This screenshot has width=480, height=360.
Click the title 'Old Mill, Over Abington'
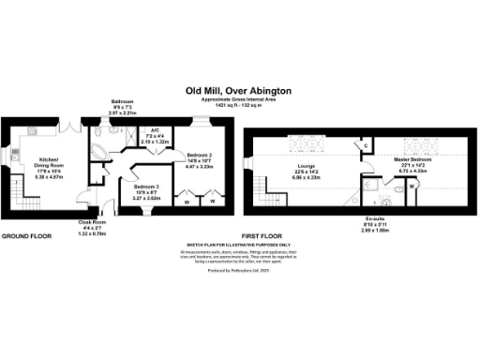(x=238, y=90)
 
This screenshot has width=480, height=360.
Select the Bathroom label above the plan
(x=123, y=102)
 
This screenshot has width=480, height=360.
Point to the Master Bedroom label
(x=412, y=160)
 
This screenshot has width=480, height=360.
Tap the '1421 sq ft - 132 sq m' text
(x=237, y=104)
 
